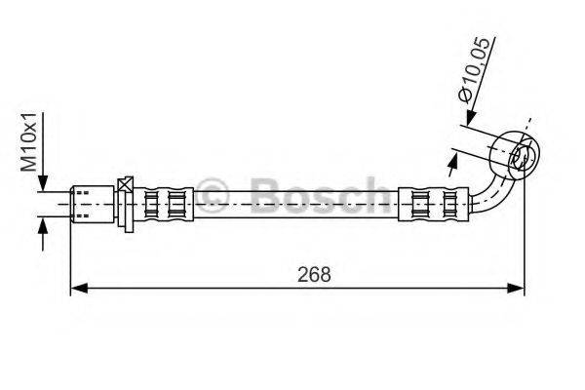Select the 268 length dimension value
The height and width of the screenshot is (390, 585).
[x=315, y=275]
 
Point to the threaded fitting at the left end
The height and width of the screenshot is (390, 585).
[x=92, y=203]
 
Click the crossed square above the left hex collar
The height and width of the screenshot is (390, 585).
[x=125, y=185]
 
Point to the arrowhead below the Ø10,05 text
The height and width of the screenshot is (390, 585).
[x=466, y=119]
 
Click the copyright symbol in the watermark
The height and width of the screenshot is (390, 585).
[x=213, y=194]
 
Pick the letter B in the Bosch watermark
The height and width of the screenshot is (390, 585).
[x=264, y=194]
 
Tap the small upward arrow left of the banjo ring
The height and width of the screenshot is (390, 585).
[x=455, y=155]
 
